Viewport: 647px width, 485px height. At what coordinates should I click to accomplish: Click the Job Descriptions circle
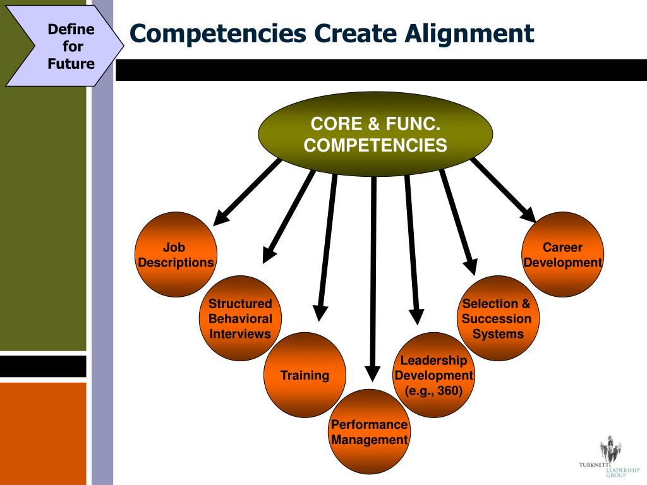(176, 254)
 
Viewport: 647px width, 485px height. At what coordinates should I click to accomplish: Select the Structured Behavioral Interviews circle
(240, 319)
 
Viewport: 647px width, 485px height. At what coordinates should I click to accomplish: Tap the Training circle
(305, 375)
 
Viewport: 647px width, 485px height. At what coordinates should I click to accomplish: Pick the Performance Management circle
(370, 432)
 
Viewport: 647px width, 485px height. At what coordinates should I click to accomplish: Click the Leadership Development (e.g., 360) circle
(433, 375)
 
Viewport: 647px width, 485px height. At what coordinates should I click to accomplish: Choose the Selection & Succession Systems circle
(497, 318)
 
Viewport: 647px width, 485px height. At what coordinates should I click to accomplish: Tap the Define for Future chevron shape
(63, 46)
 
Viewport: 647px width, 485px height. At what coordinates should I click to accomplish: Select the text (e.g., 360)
(433, 391)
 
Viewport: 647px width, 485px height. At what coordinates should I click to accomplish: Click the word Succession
(497, 319)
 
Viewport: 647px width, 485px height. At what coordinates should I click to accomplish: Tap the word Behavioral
(240, 319)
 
